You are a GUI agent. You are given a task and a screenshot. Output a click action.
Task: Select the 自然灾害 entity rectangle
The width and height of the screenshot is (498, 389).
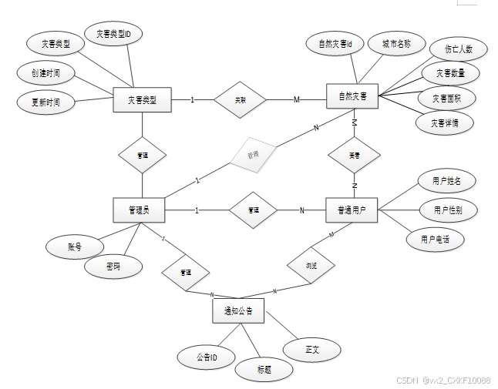click(x=352, y=98)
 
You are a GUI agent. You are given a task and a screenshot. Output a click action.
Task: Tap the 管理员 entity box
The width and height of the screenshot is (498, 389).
click(x=141, y=210)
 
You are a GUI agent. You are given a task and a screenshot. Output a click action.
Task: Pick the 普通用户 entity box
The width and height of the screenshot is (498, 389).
click(x=352, y=210)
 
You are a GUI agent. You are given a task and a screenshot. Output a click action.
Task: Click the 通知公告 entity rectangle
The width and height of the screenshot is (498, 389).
click(x=238, y=310)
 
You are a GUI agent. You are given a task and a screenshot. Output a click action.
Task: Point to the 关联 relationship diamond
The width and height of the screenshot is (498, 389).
click(x=239, y=99)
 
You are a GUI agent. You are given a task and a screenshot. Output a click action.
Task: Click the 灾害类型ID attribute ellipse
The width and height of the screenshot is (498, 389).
click(x=119, y=34)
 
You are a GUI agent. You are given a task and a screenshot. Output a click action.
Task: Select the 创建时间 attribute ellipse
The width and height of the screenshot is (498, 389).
click(x=47, y=73)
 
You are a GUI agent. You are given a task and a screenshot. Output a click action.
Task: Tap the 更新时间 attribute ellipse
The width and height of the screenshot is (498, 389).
click(x=47, y=101)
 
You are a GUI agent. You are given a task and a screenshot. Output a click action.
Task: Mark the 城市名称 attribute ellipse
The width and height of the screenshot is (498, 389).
click(x=396, y=44)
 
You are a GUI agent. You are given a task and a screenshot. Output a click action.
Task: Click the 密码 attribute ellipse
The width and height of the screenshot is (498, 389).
click(x=113, y=267)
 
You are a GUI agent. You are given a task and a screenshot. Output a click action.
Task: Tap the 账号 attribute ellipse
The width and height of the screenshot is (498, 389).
click(x=74, y=246)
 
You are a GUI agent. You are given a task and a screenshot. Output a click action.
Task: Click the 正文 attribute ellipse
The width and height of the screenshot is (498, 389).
click(x=311, y=349)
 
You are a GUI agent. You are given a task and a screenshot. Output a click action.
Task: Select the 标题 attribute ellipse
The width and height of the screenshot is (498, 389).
click(x=264, y=369)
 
